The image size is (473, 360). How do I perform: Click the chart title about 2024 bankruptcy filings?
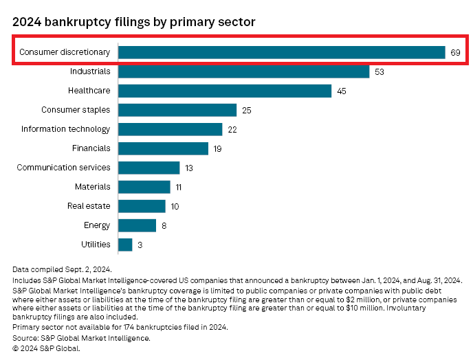(134, 22)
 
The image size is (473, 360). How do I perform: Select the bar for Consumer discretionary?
(281, 52)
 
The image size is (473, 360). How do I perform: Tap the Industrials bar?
(243, 71)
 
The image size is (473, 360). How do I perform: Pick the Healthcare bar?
(225, 91)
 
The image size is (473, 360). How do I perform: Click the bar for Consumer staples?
(177, 110)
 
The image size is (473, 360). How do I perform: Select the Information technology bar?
(170, 129)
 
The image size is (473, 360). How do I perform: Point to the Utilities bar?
(125, 245)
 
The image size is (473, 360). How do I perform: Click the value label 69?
(456, 52)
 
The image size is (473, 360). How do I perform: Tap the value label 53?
(379, 71)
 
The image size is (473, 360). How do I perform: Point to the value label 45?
(342, 91)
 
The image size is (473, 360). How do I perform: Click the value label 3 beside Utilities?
(140, 245)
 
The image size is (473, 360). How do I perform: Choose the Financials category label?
(91, 148)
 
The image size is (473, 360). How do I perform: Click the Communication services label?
(63, 168)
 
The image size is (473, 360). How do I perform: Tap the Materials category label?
(92, 187)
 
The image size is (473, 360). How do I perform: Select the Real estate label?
(89, 206)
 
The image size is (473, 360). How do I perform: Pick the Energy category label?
(96, 225)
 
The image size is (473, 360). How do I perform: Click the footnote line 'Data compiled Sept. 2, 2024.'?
(62, 270)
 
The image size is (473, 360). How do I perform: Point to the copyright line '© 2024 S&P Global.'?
(46, 348)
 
